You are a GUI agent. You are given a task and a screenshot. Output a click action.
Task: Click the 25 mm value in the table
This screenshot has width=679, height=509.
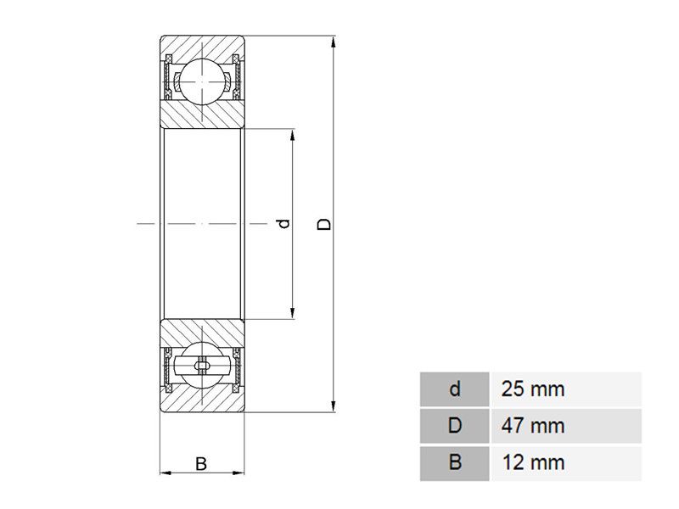tap(533, 389)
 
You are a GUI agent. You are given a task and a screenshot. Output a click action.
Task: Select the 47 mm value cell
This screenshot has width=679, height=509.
tap(566, 426)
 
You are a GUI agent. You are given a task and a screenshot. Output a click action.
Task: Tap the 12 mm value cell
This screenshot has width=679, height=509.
tap(566, 463)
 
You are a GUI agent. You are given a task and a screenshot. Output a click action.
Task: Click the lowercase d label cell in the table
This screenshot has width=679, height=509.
tap(455, 389)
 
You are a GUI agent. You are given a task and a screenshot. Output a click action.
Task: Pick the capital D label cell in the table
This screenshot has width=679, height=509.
tap(455, 426)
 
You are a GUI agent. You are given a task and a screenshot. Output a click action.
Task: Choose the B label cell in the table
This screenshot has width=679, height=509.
tap(455, 463)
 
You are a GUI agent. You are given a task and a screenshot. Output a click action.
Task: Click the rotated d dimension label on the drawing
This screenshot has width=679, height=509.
tap(284, 224)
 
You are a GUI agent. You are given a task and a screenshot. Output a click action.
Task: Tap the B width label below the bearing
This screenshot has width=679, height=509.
tap(201, 463)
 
